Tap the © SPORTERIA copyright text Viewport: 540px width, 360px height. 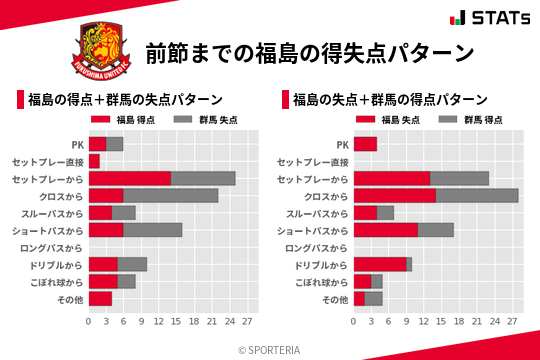pos(270,350)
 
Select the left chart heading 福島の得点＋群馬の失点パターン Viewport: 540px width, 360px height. pos(124,100)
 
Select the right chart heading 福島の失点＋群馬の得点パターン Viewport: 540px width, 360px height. pos(390,100)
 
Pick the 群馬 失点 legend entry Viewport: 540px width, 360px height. pos(201,120)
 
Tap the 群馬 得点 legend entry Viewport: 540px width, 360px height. pos(466,120)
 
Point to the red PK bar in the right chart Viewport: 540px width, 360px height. pos(365,144)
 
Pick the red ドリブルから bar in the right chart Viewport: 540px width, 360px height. pos(380,264)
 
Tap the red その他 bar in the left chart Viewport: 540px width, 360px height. pos(100,298)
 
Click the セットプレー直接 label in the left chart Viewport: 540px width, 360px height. pos(48,161)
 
